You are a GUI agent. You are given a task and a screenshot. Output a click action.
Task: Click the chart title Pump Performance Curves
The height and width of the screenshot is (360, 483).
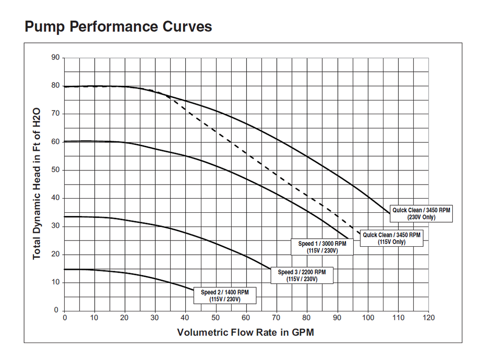pyautogui.click(x=118, y=26)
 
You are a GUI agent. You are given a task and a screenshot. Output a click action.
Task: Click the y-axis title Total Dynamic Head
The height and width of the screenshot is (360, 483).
pyautogui.click(x=37, y=184)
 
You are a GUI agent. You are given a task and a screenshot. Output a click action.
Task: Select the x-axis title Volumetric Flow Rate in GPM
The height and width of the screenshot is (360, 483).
pyautogui.click(x=245, y=332)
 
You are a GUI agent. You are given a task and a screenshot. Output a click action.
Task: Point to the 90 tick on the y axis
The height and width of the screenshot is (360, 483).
pyautogui.click(x=56, y=58)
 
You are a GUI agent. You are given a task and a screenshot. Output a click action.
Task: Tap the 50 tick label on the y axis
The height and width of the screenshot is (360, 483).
pyautogui.click(x=56, y=170)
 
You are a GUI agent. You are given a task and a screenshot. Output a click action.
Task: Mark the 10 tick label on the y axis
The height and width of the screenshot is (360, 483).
pyautogui.click(x=56, y=283)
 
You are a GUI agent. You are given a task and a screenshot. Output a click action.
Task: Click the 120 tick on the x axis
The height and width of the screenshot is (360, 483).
pyautogui.click(x=428, y=318)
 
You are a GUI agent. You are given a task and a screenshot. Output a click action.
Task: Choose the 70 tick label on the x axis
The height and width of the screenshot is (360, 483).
pyautogui.click(x=277, y=318)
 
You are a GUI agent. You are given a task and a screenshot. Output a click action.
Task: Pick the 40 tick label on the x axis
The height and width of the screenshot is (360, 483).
pyautogui.click(x=186, y=318)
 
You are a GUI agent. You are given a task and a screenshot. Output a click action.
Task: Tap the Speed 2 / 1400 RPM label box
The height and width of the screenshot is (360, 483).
pyautogui.click(x=225, y=296)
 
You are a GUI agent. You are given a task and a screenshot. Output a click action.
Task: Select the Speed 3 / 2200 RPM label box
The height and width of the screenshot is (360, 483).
pyautogui.click(x=302, y=276)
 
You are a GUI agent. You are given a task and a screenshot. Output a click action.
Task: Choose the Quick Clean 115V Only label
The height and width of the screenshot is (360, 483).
pyautogui.click(x=391, y=238)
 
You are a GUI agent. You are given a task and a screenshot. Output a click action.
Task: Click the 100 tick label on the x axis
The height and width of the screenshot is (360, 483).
pyautogui.click(x=368, y=318)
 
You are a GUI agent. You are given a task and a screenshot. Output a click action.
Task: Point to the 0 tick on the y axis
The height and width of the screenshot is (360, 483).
pyautogui.click(x=56, y=310)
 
